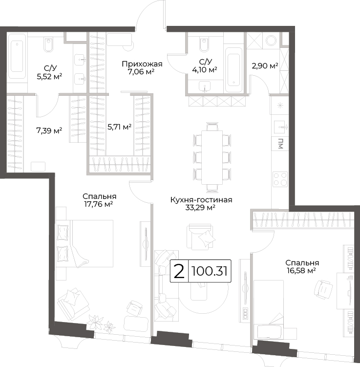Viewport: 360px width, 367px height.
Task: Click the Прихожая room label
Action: click(x=142, y=64)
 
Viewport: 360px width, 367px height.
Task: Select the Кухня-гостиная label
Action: click(x=201, y=200)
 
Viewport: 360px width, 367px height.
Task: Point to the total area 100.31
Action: click(x=210, y=271)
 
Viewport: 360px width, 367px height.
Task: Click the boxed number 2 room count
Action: click(x=179, y=271)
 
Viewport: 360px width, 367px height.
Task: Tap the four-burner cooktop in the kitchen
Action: click(x=280, y=179)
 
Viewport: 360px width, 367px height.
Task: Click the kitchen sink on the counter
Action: click(x=280, y=127)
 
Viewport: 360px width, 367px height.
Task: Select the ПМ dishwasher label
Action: click(x=280, y=144)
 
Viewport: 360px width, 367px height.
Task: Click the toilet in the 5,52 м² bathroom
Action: click(x=48, y=44)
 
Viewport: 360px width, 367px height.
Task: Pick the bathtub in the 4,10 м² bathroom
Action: click(x=233, y=70)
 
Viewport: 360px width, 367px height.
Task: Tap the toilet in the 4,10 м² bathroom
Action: click(x=205, y=44)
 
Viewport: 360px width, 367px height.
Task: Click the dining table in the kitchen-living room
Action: click(x=212, y=157)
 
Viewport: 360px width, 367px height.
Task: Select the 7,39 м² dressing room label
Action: click(x=49, y=130)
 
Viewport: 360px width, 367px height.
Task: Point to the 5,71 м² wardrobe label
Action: click(x=119, y=127)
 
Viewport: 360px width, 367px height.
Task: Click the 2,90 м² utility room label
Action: click(x=265, y=66)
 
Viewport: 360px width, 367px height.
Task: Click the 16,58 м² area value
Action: click(x=301, y=271)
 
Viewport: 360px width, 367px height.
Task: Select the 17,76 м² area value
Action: click(x=99, y=204)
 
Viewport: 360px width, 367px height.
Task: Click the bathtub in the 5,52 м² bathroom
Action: click(x=17, y=56)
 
